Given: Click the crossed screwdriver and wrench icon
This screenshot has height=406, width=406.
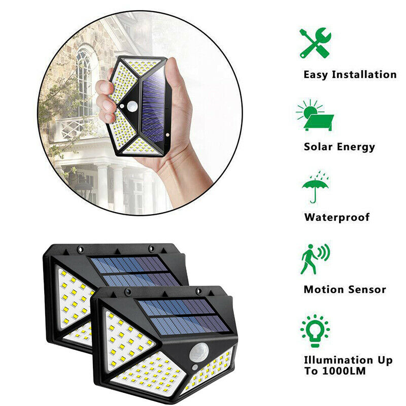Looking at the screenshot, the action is [315, 43].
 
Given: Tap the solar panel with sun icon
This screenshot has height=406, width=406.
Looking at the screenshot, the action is [315, 115].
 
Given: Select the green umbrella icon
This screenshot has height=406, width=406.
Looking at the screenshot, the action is [315, 187].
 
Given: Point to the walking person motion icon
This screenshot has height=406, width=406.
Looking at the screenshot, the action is [315, 259].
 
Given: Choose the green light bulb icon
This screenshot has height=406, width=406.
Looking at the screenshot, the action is [315, 331].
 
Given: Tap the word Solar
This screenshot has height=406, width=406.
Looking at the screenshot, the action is [318, 147].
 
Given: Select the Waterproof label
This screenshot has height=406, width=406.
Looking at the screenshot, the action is [337, 217].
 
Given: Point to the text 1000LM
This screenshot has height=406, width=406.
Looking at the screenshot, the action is [344, 371].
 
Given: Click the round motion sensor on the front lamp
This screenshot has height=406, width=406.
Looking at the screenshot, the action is [199, 353].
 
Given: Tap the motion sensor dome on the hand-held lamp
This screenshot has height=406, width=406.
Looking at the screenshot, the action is [132, 106].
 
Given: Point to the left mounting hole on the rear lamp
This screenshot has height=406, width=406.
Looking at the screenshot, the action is [81, 250].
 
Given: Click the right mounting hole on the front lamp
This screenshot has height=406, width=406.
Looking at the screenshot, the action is [199, 290].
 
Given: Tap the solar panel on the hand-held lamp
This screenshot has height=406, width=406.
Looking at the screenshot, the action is [153, 110].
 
